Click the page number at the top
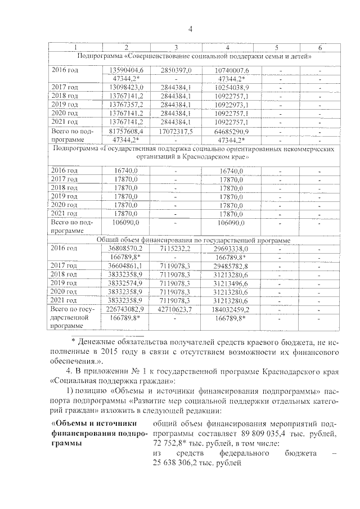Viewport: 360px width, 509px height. click(x=191, y=30)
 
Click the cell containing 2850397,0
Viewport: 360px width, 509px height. click(x=176, y=69)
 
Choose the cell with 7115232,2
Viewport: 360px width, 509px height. click(x=176, y=248)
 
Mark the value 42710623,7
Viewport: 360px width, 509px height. click(x=176, y=309)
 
